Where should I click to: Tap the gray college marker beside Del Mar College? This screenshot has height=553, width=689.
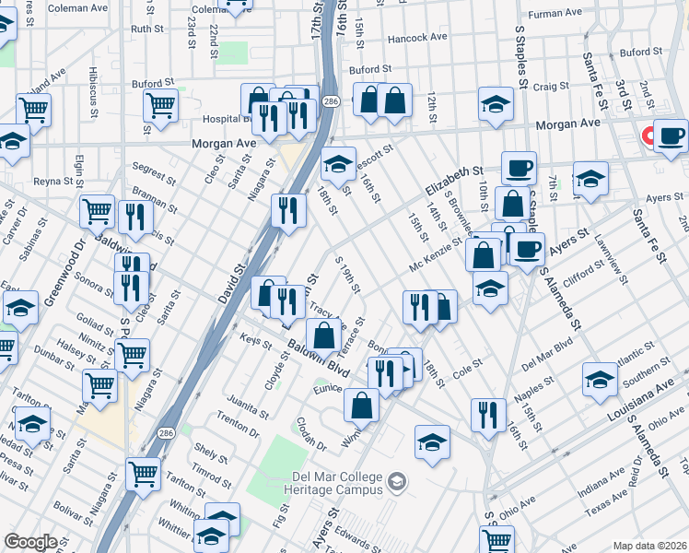coord(397,481)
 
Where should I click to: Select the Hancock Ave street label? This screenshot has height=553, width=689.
coord(417,38)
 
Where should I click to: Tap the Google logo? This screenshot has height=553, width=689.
coord(30,542)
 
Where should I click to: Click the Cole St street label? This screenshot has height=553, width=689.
coord(466,366)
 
